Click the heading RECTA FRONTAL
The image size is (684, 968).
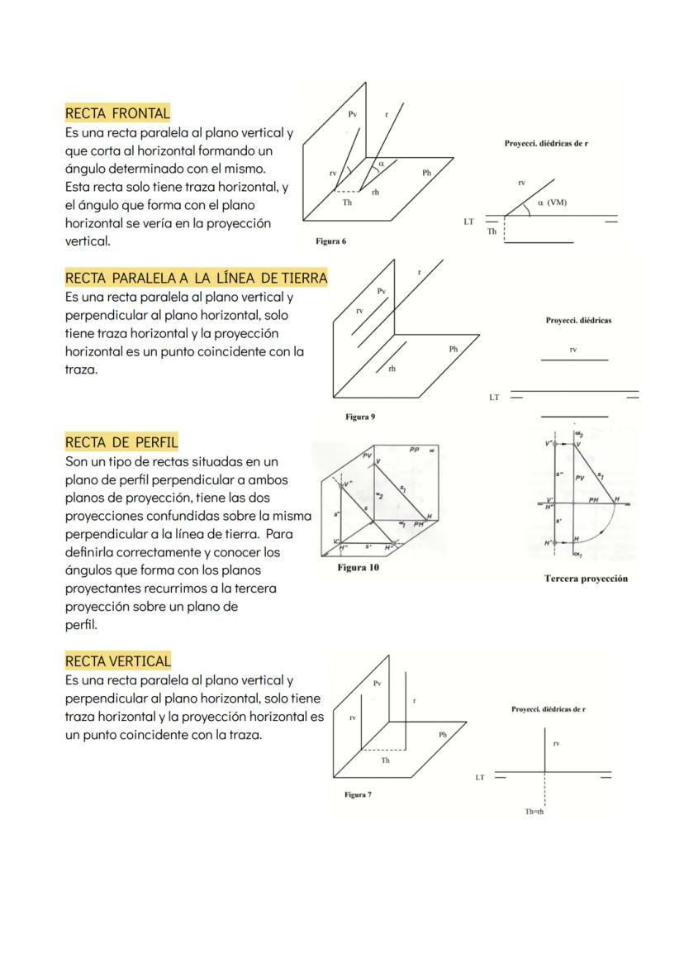pos(117,113)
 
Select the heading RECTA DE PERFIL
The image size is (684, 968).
pos(121,442)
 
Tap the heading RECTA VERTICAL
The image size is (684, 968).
pos(117,661)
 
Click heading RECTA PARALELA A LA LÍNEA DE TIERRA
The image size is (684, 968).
pos(196,279)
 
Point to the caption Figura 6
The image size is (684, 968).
pos(330,241)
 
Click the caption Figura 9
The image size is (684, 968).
pos(360,417)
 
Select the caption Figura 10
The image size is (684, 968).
pos(358,568)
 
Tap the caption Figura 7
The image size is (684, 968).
pos(358,794)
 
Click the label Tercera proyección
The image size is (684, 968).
pos(586,579)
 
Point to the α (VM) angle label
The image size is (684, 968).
pos(552,203)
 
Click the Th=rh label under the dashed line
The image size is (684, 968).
pos(534,812)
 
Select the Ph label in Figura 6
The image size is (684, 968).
pos(426,173)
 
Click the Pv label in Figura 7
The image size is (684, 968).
pos(377,684)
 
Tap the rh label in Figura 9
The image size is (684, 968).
pos(392,369)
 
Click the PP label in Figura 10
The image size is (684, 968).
pos(415,449)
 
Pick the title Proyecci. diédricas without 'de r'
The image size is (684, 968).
pos(578,320)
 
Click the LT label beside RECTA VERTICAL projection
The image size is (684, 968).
pos(479,777)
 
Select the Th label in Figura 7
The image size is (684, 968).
pos(385,761)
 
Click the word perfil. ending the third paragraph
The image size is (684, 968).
pos(81,625)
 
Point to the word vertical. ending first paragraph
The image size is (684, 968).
pos(88,241)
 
